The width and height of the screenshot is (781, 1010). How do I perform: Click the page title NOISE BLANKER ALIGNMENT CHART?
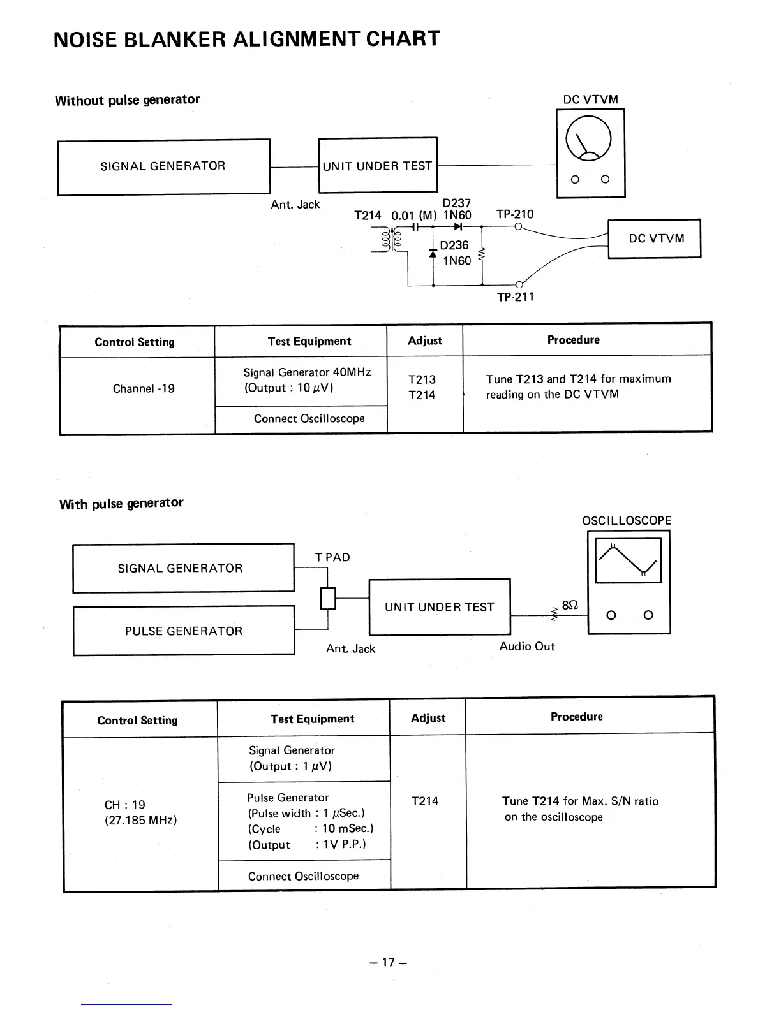[x=247, y=39]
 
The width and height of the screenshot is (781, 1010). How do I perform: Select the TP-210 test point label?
[x=514, y=214]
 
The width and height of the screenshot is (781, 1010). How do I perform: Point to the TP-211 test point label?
[x=515, y=296]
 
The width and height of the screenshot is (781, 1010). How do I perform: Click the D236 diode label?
[x=454, y=245]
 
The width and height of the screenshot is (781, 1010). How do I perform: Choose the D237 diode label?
[x=456, y=203]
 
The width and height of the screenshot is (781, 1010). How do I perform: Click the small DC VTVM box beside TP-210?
[x=655, y=238]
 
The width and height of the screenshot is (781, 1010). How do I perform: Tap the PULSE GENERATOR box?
[x=184, y=631]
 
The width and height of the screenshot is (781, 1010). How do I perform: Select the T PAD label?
[x=332, y=557]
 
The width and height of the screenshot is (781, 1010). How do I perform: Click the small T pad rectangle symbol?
[x=327, y=598]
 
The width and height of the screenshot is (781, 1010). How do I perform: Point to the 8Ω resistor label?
[x=570, y=605]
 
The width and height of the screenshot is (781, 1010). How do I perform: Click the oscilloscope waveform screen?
[x=628, y=560]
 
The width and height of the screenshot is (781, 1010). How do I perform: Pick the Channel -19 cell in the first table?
[x=144, y=388]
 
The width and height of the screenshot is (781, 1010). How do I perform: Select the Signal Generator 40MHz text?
[x=307, y=372]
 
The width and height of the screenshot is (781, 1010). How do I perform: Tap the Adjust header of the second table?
[x=428, y=718]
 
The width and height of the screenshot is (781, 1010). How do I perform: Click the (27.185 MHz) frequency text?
[x=140, y=820]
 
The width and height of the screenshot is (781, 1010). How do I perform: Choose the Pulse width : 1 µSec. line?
[x=306, y=813]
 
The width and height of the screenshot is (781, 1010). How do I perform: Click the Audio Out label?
[x=527, y=647]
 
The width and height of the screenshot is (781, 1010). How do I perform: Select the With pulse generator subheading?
[x=121, y=504]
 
